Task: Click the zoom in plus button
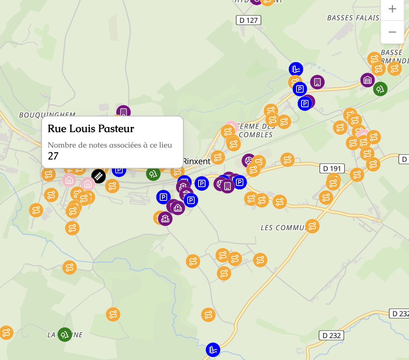tap(392, 9)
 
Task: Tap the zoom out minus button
tap(392, 32)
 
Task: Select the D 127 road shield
tap(248, 20)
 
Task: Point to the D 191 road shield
tap(332, 169)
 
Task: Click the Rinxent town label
tap(196, 161)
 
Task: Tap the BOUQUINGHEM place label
tap(47, 115)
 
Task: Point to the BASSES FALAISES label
tap(354, 18)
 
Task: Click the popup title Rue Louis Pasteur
tap(91, 129)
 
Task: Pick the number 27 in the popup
tap(53, 156)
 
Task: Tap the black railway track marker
tap(98, 176)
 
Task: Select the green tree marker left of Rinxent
tap(153, 174)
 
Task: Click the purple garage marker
tap(367, 80)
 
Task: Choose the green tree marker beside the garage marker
tap(380, 89)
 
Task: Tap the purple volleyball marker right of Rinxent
tap(249, 161)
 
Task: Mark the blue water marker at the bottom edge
tap(213, 349)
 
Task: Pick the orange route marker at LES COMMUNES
tap(312, 226)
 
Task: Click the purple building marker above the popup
tap(123, 112)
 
